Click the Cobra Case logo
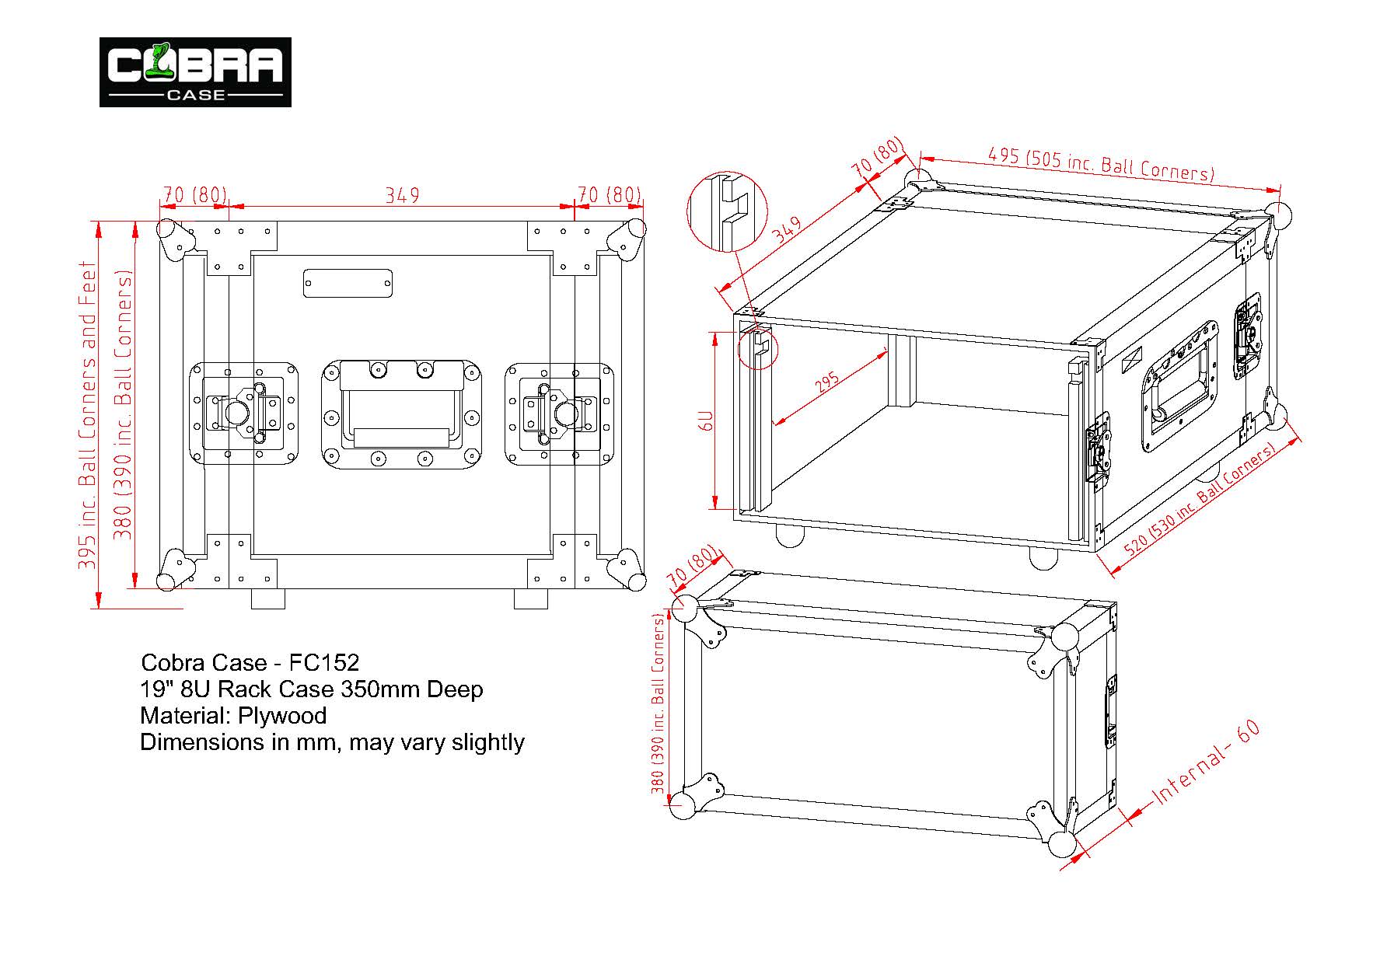click(x=195, y=72)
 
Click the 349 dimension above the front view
click(x=403, y=194)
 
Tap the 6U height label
click(x=707, y=420)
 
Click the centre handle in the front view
click(x=401, y=414)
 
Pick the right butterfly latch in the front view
click(x=559, y=413)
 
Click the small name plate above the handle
click(x=348, y=283)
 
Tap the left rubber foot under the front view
click(x=268, y=598)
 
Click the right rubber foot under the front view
click(x=531, y=598)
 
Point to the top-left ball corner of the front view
click(x=168, y=232)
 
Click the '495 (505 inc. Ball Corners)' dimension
click(x=1099, y=163)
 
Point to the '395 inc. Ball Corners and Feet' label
click(x=88, y=416)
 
